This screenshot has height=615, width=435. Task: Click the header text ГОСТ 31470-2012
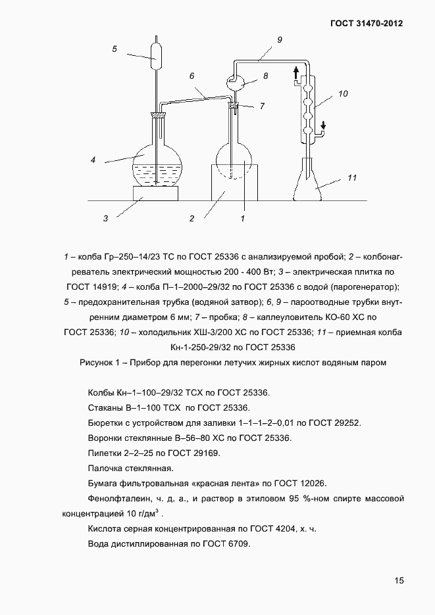366,23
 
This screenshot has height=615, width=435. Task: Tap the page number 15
399,580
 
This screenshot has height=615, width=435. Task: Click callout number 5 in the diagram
115,49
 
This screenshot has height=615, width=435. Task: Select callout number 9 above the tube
280,40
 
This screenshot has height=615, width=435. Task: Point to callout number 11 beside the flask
352,177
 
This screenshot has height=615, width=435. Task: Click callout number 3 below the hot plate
105,218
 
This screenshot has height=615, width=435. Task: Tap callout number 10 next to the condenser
343,94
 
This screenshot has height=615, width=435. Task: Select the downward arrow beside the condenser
323,125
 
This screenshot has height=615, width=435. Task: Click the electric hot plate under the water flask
156,193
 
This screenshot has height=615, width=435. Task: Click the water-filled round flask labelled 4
156,165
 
